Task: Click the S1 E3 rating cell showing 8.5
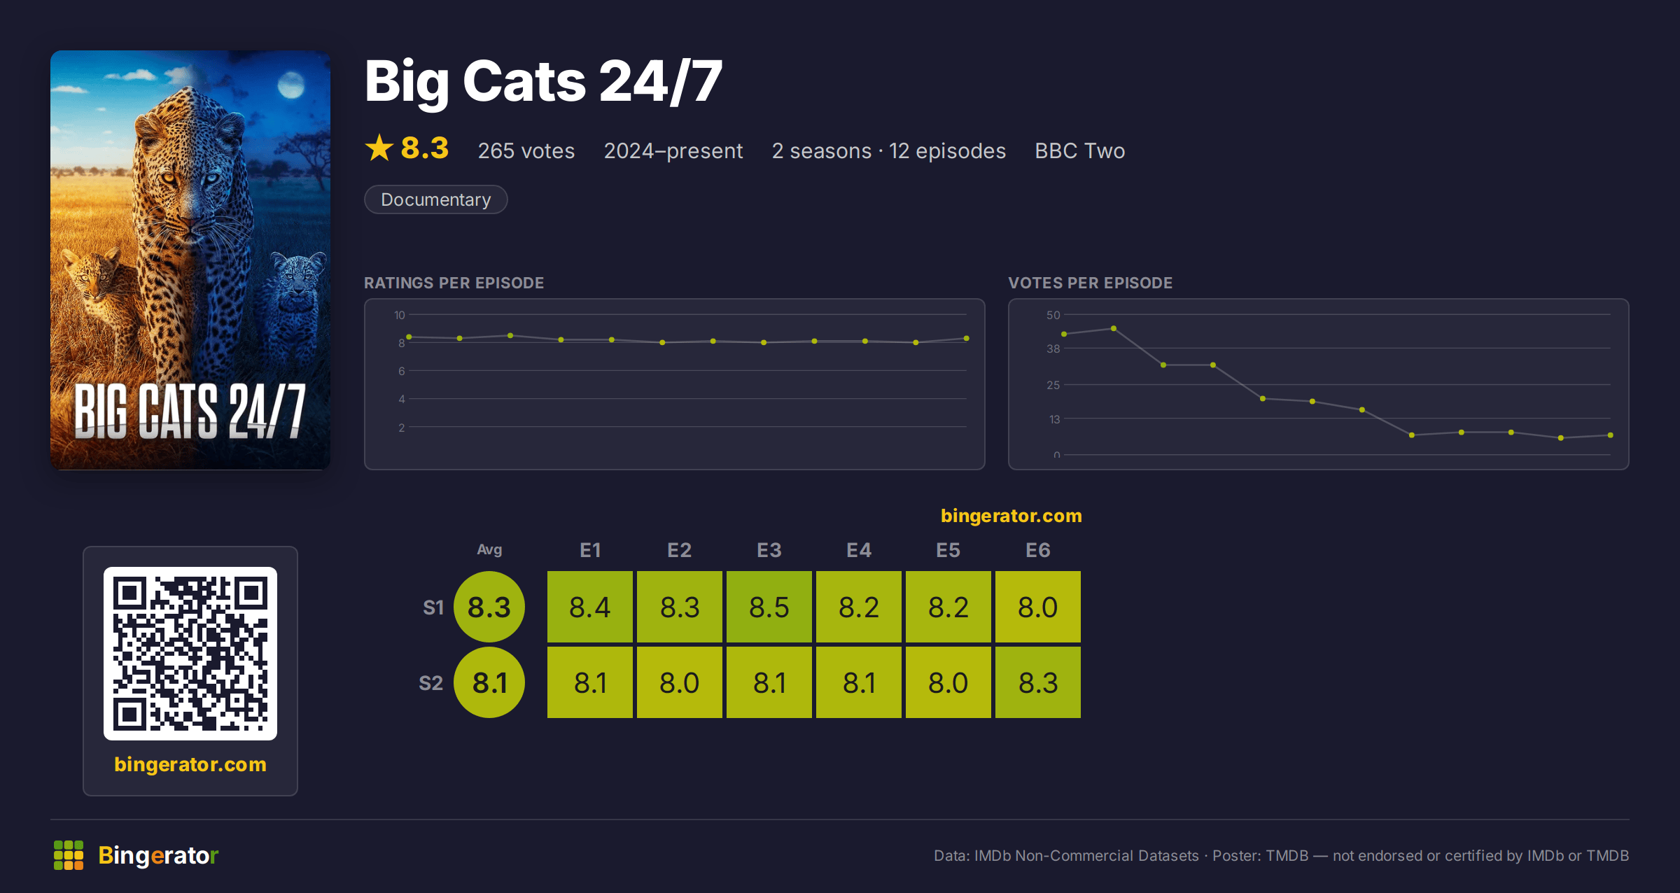point(769,607)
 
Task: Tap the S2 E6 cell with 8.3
point(1037,682)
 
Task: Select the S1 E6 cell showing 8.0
point(1037,607)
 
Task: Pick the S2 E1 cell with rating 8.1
point(589,682)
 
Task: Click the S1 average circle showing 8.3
point(489,607)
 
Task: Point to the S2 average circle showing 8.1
point(489,682)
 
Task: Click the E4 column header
point(859,550)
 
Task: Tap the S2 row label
point(430,683)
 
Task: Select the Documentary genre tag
point(435,199)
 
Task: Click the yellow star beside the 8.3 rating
point(379,148)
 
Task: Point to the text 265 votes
point(526,150)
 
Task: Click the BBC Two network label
point(1079,150)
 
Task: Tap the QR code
point(190,654)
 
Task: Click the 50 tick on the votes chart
point(1053,315)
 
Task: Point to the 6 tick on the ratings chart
point(401,371)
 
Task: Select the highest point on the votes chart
point(1114,328)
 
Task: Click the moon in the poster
point(290,85)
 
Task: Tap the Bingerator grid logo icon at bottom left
point(69,855)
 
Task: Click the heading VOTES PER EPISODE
point(1090,283)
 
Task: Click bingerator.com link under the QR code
point(190,764)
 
